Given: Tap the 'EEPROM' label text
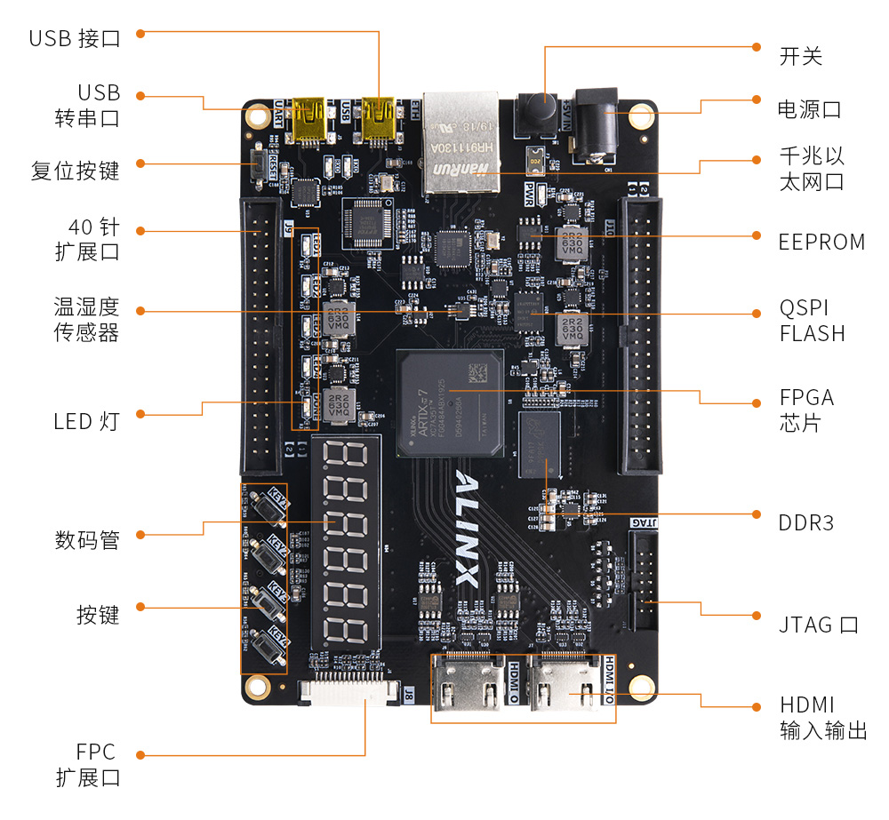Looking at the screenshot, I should click(x=821, y=242).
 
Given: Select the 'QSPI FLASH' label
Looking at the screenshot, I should click(x=812, y=321).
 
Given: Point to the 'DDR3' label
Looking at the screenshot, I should click(x=806, y=522).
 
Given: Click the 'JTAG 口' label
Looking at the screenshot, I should click(x=818, y=625).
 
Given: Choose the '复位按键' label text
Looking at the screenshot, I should click(x=75, y=170).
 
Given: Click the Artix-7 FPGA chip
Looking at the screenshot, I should click(x=450, y=402).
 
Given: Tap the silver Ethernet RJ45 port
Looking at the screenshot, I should click(x=461, y=142).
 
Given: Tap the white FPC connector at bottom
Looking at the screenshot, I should click(x=348, y=691).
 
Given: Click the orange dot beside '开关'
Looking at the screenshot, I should click(x=757, y=46).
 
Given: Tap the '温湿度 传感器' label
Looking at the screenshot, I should click(x=86, y=320).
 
